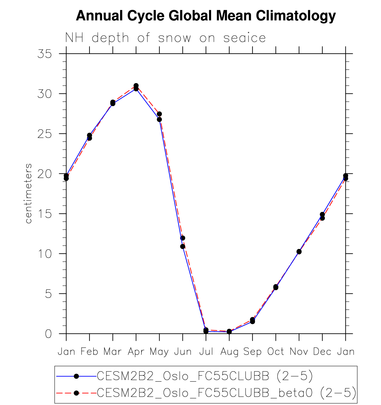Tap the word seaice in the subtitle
[x=244, y=38]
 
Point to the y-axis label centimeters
[x=28, y=193]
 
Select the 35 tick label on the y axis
[x=44, y=54]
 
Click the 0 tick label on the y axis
[x=48, y=334]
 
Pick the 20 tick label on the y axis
[x=44, y=174]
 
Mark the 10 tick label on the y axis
[x=44, y=254]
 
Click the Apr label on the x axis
[x=136, y=352]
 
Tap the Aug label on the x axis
[x=229, y=352]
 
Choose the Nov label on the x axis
[x=299, y=352]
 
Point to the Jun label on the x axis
[x=183, y=352]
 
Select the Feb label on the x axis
[x=89, y=352]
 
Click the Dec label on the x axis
[x=322, y=352]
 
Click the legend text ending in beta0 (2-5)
[x=227, y=393]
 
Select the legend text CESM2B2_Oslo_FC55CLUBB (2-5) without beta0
[x=205, y=376]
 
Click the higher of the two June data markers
[x=183, y=238]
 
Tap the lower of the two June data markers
[x=183, y=246]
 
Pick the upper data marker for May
[x=159, y=114]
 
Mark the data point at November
[x=299, y=252]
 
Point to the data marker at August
[x=229, y=331]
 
